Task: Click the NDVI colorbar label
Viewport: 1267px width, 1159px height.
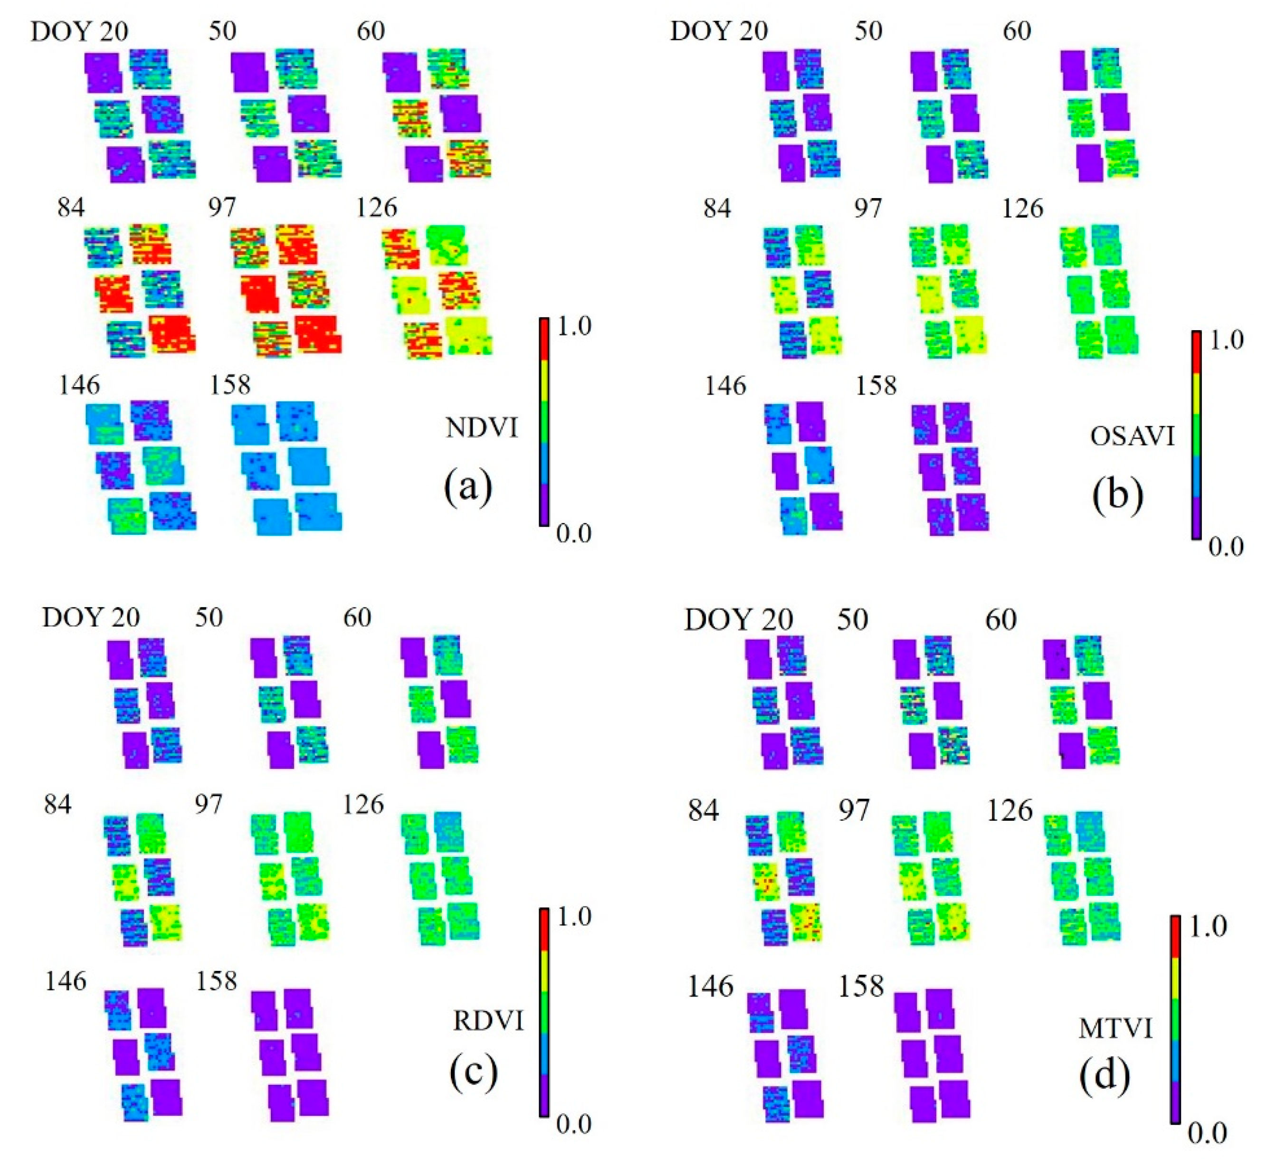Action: click(481, 428)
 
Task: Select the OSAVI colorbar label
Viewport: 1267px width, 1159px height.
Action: click(1132, 436)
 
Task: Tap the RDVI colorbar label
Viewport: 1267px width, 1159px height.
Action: click(488, 1021)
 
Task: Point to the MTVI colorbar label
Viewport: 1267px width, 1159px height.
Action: click(1115, 1029)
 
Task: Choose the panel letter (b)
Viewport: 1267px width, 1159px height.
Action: click(1117, 494)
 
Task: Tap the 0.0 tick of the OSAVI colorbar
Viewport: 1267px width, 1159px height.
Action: click(1226, 547)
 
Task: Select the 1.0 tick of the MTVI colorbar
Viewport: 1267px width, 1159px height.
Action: click(1206, 928)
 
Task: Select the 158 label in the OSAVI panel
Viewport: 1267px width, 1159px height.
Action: click(876, 385)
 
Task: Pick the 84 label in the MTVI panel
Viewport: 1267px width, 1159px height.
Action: click(703, 811)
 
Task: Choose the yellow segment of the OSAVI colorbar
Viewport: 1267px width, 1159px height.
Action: click(1197, 393)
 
